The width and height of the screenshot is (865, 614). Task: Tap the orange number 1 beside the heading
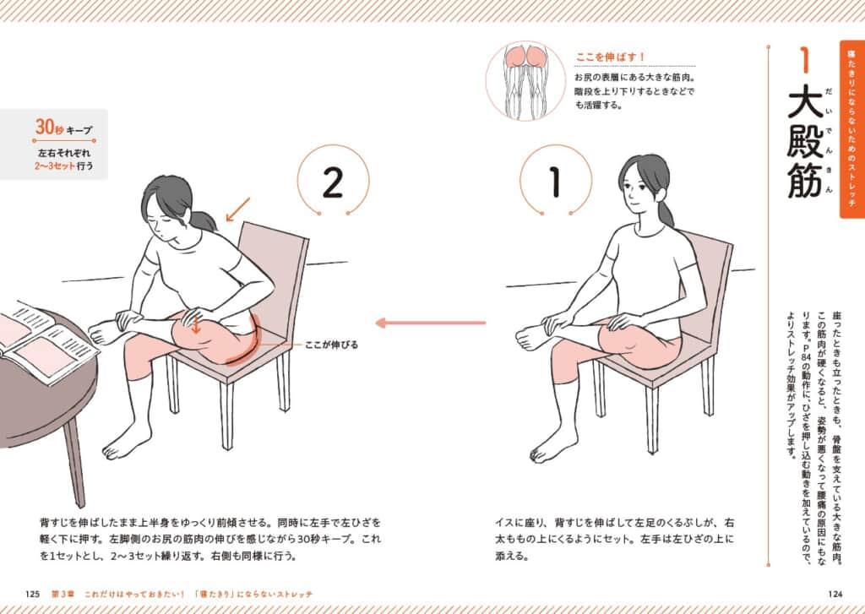point(805,60)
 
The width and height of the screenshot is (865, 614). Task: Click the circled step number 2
point(333,182)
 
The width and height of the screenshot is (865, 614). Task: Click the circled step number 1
point(556,182)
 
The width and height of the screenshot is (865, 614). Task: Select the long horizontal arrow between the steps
point(430,323)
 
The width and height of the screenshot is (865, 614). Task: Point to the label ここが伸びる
point(331,345)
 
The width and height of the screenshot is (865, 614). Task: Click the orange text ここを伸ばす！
point(611,57)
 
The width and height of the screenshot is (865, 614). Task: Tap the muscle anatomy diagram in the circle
point(525,80)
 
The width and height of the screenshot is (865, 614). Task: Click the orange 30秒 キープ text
point(64,128)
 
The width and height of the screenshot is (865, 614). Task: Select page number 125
point(33,594)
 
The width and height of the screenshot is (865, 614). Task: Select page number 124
point(835,594)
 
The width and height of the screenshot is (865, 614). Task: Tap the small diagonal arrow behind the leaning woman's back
point(238,209)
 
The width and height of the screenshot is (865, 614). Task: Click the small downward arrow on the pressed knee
point(195,325)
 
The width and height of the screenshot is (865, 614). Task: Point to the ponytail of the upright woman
point(666,212)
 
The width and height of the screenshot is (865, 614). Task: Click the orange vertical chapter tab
point(851,129)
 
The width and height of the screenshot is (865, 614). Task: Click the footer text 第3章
point(63,594)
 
